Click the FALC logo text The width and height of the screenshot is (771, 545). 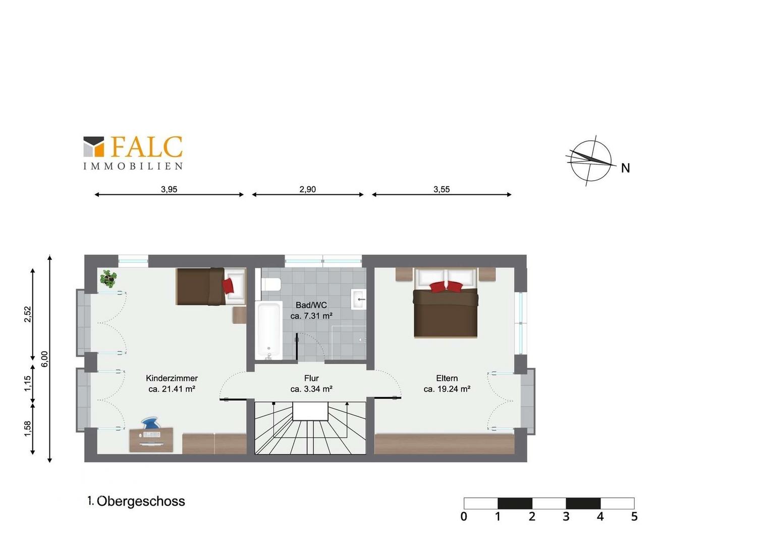pos(147,147)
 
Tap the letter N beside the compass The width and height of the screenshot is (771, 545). pos(625,169)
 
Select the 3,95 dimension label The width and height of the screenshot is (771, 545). pos(169,189)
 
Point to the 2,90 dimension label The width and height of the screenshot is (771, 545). pos(307,189)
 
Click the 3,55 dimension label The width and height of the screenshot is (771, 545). pos(442,189)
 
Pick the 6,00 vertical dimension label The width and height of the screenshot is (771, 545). pos(45,359)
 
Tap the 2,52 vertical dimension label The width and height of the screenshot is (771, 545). pos(28,314)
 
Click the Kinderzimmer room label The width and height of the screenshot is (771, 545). pos(172,378)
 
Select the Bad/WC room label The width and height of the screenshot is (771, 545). pos(311,305)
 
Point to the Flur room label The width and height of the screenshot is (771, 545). pos(311,378)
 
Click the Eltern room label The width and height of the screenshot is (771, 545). pos(447,378)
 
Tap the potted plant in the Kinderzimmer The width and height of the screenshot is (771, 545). pos(108,278)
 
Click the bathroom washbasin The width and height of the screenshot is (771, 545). pos(358,300)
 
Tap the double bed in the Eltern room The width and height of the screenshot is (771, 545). pos(446,303)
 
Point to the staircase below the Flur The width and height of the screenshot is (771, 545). pos(310,427)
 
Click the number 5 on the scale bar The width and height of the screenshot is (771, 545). pos(634,517)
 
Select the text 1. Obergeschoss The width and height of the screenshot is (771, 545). pos(136,501)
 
